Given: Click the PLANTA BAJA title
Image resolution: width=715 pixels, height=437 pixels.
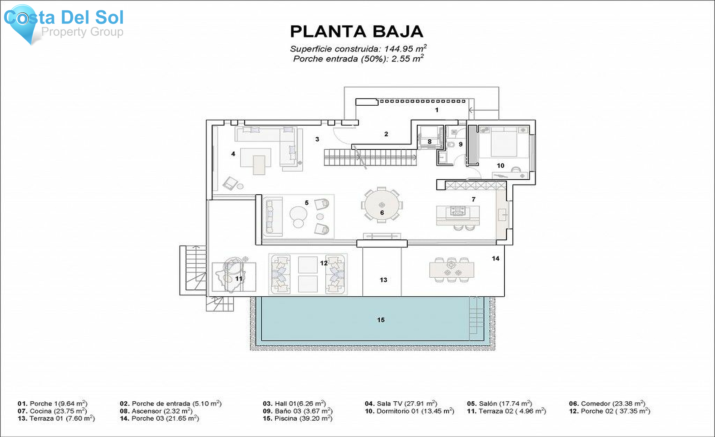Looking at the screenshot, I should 356,32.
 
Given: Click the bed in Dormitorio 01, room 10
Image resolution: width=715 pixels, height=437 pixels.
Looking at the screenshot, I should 504,142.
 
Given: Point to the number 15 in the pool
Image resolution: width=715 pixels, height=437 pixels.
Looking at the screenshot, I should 381,320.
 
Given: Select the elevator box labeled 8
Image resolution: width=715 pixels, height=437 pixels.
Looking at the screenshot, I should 429,137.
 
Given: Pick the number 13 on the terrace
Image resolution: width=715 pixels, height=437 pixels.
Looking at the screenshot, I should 383,280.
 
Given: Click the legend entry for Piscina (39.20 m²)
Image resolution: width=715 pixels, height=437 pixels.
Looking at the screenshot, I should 297,418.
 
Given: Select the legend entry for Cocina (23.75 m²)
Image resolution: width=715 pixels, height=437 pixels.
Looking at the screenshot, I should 52,411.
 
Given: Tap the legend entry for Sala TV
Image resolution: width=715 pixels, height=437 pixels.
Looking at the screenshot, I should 401,404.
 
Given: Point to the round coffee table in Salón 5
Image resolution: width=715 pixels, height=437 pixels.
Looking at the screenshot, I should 298,214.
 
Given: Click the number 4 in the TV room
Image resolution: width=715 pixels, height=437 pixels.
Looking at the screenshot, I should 233,154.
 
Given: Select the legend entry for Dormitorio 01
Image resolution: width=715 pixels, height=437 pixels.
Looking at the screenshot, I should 409,411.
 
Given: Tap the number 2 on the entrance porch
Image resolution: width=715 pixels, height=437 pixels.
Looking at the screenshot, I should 386,134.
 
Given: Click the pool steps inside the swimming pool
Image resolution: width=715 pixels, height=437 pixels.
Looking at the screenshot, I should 476,318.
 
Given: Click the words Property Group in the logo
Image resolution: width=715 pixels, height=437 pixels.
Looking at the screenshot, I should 82,32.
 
